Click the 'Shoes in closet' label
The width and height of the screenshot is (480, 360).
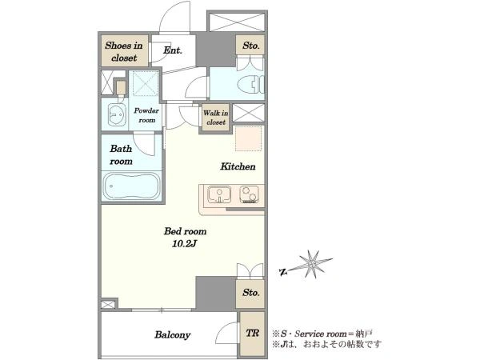(x=124, y=51)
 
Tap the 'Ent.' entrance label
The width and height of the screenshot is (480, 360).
(x=173, y=50)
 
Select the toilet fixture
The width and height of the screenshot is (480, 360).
(x=250, y=85)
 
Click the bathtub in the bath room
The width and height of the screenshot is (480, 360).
(x=132, y=186)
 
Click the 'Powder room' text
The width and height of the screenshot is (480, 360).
(x=146, y=115)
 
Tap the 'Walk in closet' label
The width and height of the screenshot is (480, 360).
(x=216, y=118)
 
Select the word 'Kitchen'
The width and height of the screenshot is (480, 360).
(x=238, y=166)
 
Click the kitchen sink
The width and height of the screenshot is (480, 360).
(x=219, y=194)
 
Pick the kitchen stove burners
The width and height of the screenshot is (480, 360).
(x=249, y=194)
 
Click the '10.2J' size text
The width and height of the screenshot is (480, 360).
(x=184, y=244)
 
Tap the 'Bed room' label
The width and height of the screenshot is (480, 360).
(x=186, y=231)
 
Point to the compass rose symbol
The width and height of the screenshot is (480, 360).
(x=312, y=264)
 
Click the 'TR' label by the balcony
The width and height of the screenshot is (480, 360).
(x=253, y=333)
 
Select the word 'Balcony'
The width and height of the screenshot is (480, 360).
(x=172, y=335)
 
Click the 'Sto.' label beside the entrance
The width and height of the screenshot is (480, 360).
(x=251, y=46)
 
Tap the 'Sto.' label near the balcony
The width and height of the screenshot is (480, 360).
(x=251, y=293)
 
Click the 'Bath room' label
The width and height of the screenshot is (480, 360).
(x=122, y=155)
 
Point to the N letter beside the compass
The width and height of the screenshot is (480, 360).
(x=283, y=271)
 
